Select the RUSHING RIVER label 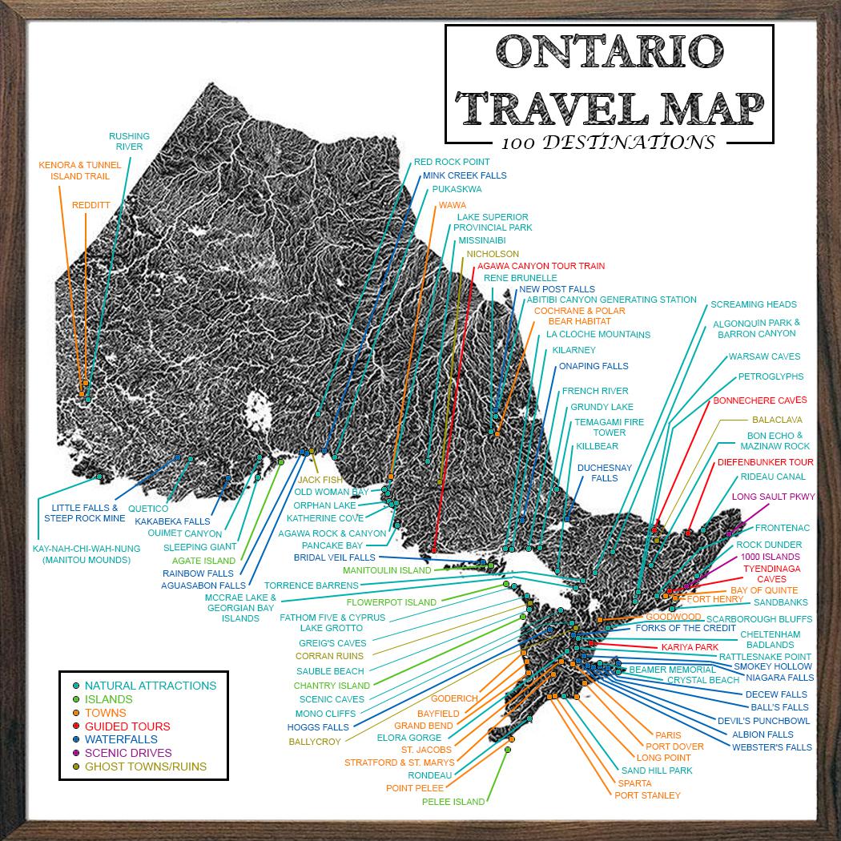[129, 142]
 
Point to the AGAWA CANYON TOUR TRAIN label [541, 266]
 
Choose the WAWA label [452, 205]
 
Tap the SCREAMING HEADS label [753, 304]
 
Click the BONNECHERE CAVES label [759, 400]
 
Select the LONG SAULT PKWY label [773, 497]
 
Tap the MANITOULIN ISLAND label [387, 570]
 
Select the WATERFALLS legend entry [121, 739]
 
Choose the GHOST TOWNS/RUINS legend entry [145, 767]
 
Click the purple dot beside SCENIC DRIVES [75, 753]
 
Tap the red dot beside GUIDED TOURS [75, 726]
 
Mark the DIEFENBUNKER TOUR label [765, 462]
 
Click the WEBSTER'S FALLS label [771, 747]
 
